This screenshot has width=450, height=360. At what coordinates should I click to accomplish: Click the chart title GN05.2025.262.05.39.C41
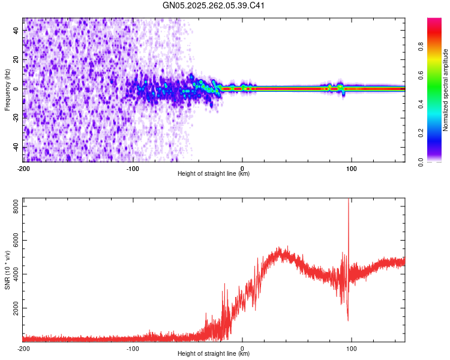click(214, 5)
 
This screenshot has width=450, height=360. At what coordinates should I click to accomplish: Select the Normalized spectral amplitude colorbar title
click(446, 90)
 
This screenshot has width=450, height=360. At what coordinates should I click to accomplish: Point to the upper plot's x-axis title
click(214, 173)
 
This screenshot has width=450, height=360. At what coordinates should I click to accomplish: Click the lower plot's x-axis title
click(214, 353)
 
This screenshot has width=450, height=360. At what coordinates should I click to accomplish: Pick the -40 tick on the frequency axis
click(15, 148)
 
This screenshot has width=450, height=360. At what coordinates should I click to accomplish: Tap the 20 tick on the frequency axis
click(16, 59)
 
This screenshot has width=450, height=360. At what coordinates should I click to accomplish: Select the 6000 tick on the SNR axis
click(13, 239)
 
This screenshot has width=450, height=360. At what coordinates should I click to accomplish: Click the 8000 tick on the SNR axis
click(13, 205)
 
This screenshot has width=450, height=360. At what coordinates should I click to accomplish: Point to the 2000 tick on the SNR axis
click(13, 308)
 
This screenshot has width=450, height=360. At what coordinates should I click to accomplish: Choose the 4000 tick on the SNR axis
click(13, 274)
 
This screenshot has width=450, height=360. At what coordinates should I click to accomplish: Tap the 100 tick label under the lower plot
click(352, 348)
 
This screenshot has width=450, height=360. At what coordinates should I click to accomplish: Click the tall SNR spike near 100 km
click(349, 207)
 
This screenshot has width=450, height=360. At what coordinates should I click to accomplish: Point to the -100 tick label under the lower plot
click(133, 348)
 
